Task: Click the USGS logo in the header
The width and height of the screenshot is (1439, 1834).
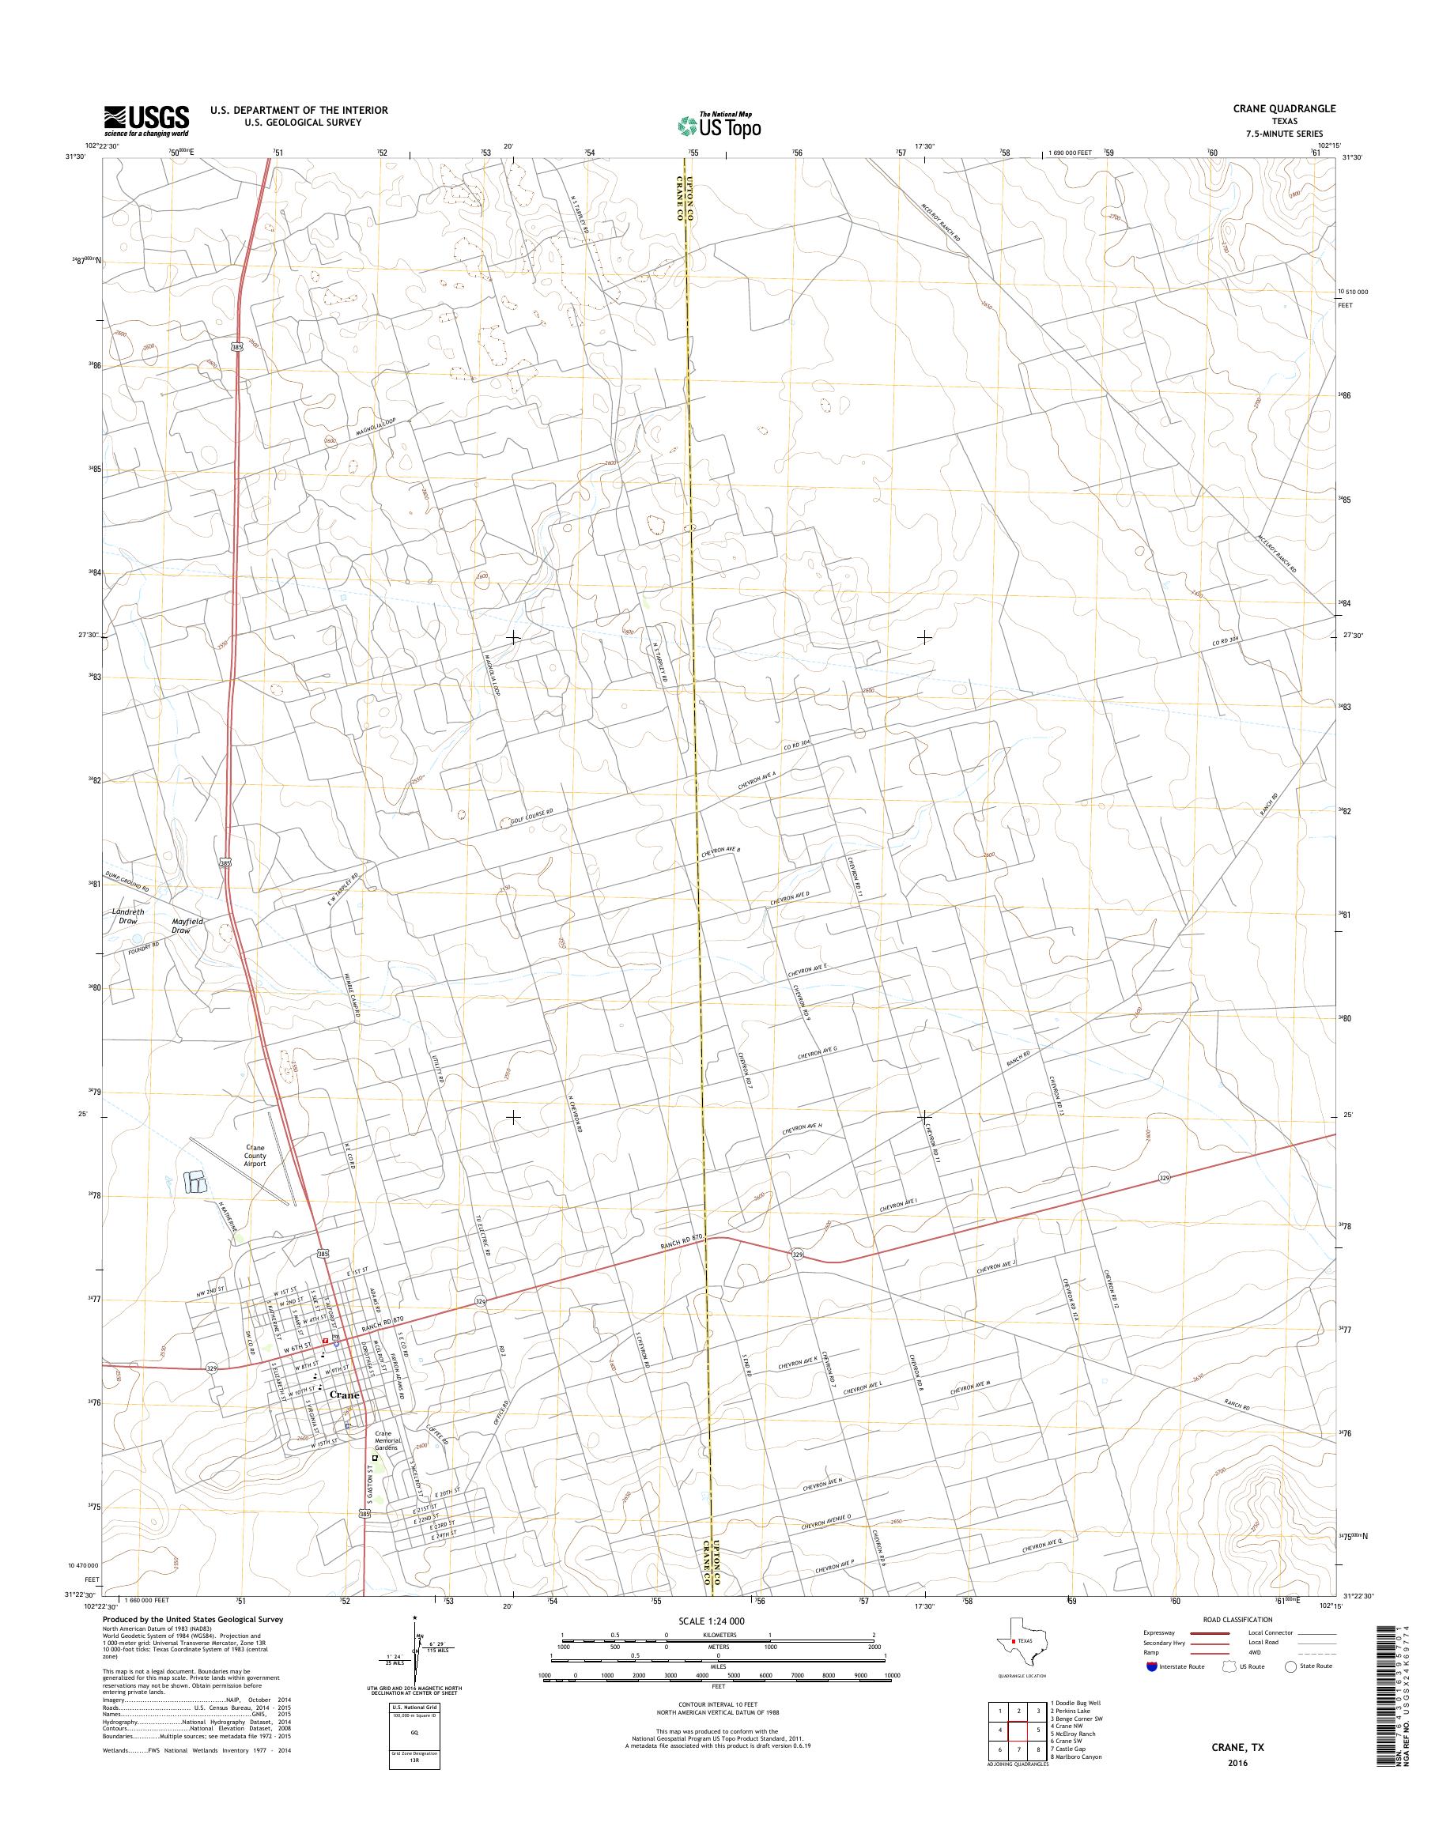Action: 145,120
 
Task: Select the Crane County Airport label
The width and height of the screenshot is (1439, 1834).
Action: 255,1156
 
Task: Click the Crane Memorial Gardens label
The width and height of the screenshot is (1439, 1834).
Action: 384,1441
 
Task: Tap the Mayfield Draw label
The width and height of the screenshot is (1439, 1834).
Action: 187,926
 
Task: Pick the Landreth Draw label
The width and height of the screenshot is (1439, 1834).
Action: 128,916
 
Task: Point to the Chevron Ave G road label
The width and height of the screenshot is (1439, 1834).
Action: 817,1053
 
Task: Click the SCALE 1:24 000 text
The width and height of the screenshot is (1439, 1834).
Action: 711,1620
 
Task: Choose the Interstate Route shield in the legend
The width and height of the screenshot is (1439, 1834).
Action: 1152,1667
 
